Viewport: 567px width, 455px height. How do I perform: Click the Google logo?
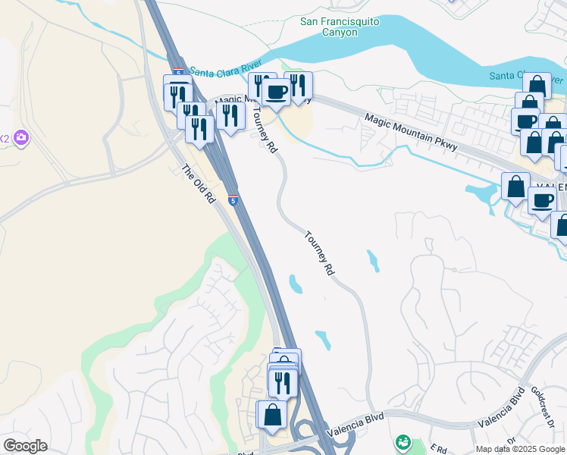click(x=25, y=446)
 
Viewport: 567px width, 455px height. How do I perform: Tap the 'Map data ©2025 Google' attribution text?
click(x=520, y=449)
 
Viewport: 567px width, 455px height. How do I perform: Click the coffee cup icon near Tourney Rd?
click(x=276, y=92)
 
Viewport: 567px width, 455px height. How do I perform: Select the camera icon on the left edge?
click(x=22, y=137)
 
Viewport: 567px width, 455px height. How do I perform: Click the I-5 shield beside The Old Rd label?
click(x=233, y=201)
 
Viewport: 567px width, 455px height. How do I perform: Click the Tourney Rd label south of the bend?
click(x=319, y=253)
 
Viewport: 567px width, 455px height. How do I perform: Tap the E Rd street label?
click(x=438, y=447)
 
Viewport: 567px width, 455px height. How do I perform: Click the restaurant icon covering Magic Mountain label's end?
click(x=229, y=115)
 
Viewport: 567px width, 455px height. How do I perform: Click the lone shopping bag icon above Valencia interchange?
click(x=271, y=414)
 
